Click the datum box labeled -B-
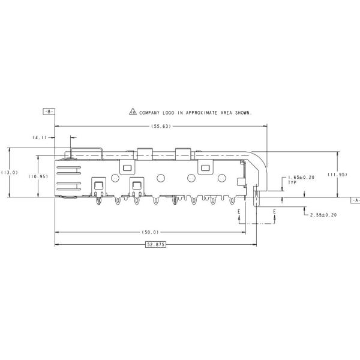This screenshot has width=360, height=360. click(49, 112)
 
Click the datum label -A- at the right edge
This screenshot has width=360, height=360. click(356, 200)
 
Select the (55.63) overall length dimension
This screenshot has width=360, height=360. click(161, 126)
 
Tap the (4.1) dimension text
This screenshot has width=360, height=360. click(40, 137)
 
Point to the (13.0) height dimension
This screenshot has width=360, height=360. click(10, 172)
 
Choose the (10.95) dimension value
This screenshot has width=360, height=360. click(38, 176)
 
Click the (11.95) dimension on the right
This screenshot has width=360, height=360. click(337, 174)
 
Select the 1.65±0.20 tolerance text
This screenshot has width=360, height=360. click(301, 177)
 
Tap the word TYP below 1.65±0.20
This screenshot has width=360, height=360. click(292, 182)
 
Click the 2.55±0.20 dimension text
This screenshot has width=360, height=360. click(323, 215)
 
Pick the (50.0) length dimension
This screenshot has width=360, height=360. click(151, 232)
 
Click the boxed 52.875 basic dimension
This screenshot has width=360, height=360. click(155, 245)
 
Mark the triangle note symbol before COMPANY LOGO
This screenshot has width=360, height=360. click(133, 112)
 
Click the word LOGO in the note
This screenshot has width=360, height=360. click(169, 113)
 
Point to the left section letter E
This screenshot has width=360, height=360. click(239, 211)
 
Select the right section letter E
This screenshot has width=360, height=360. click(274, 211)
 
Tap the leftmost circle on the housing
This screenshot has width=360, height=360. click(115, 178)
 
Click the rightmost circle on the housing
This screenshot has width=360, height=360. click(222, 178)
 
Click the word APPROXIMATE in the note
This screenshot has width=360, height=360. click(202, 113)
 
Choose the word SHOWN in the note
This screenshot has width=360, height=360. click(243, 113)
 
